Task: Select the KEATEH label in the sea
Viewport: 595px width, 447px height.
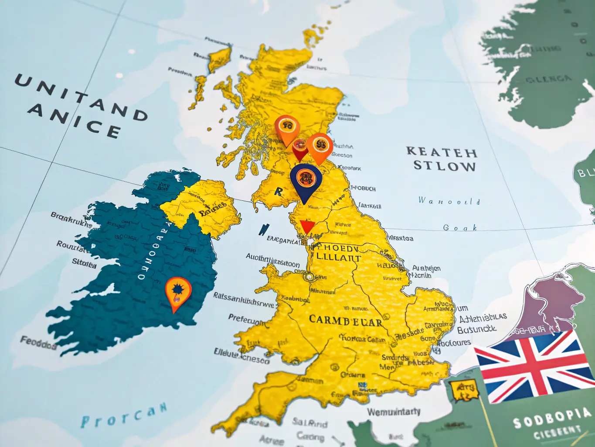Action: pyautogui.click(x=442, y=152)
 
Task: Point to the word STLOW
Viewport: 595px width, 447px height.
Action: pyautogui.click(x=444, y=166)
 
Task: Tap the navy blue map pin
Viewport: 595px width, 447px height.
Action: pyautogui.click(x=306, y=180)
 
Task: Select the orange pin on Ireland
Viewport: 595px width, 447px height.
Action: pyautogui.click(x=178, y=292)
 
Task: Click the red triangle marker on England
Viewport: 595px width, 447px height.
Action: pyautogui.click(x=307, y=227)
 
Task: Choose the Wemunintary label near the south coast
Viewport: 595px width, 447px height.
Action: pyautogui.click(x=394, y=412)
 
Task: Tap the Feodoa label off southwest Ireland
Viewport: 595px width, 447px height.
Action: pyautogui.click(x=38, y=343)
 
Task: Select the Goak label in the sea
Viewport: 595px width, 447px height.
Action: pyautogui.click(x=460, y=227)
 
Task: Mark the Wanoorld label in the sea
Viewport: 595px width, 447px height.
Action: pyautogui.click(x=449, y=201)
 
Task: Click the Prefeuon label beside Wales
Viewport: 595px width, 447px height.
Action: pyautogui.click(x=246, y=320)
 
